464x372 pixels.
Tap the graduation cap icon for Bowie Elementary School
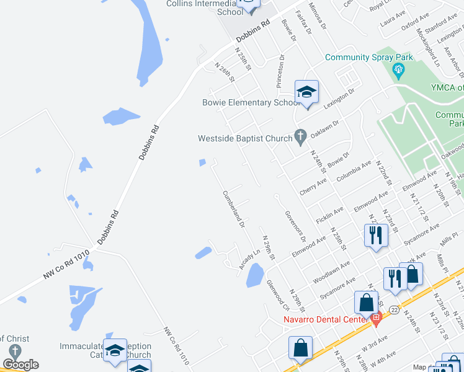point(306,93)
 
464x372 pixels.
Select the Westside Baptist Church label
point(244,138)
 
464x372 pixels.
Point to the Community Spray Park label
point(370,58)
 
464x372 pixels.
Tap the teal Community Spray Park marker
point(398,72)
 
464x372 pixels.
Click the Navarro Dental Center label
point(326,320)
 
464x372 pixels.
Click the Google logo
point(21,365)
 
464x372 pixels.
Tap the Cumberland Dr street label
point(234,208)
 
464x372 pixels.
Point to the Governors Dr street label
point(296,227)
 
